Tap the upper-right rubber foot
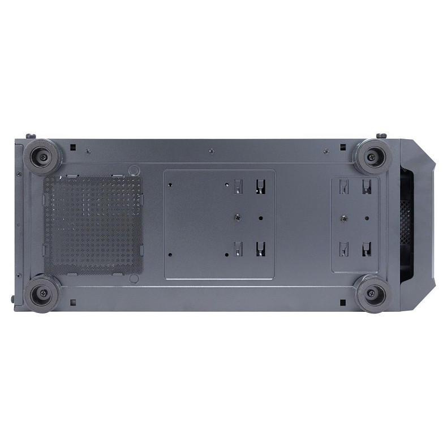tap(374, 156)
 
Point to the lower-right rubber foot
tap(374, 293)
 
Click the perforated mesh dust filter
tap(93, 225)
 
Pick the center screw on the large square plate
tap(237, 216)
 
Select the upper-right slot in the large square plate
tap(260, 186)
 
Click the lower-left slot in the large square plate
tap(238, 247)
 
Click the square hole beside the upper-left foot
tap(72, 147)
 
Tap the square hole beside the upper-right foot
tap(343, 147)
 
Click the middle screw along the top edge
tap(210, 151)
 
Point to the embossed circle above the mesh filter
tap(134, 169)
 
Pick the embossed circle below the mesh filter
tap(134, 279)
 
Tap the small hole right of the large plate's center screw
tap(260, 217)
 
